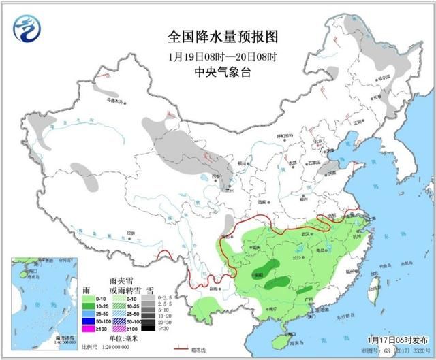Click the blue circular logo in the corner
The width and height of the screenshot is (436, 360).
coord(27,29)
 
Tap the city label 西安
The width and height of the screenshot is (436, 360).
coord(262,201)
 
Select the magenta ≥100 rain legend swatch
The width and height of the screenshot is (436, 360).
coord(87,329)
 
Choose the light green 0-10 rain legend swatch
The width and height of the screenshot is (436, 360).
coord(87,297)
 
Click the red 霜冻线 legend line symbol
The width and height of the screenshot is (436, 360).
coord(181,346)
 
